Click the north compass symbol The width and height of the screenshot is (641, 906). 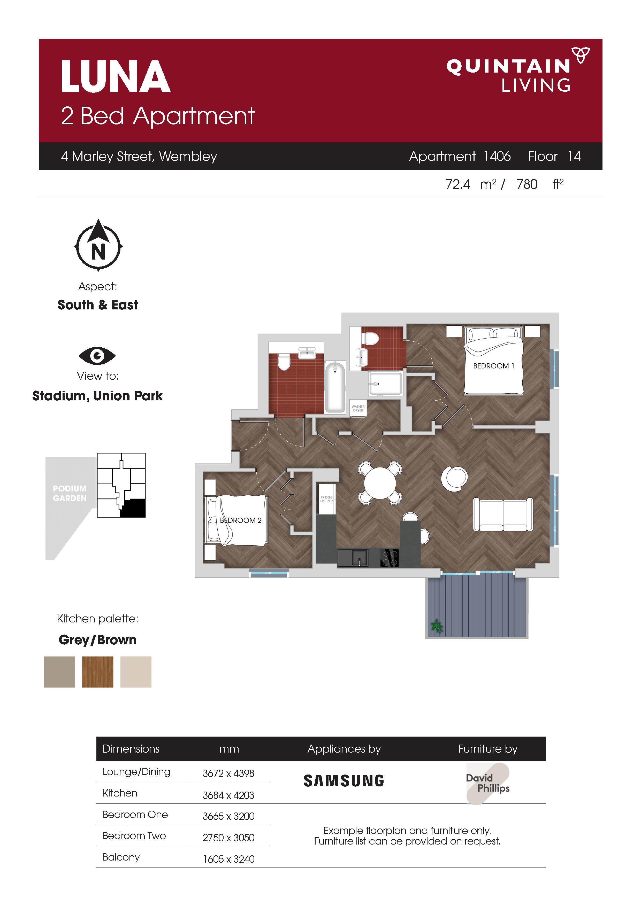(98, 245)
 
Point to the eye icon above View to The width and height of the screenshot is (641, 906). (97, 356)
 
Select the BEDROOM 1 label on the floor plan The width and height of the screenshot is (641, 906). (494, 366)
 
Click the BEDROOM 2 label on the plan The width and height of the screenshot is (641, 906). (241, 520)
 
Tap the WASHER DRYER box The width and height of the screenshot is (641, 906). (358, 408)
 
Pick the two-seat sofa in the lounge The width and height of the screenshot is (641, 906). (503, 514)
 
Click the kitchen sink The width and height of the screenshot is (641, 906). (353, 558)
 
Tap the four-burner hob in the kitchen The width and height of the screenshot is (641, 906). (390, 558)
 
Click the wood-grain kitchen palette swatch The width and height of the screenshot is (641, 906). (97, 671)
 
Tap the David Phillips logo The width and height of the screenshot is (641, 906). (488, 784)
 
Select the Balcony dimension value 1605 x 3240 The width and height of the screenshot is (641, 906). (229, 859)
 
